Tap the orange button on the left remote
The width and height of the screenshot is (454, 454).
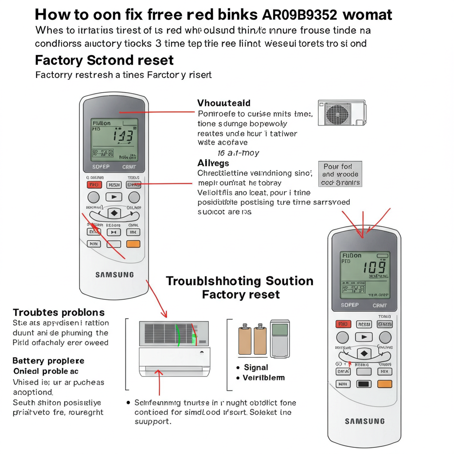coord(133,244)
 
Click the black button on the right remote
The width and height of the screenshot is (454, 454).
coord(364,384)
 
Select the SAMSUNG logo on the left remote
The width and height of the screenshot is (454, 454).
coord(114,275)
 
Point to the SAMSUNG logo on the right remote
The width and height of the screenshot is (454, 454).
coord(365,421)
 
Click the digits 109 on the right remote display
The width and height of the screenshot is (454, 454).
coord(374,267)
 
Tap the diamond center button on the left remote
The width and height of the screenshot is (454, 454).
coord(114,213)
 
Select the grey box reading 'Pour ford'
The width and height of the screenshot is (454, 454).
coord(340,174)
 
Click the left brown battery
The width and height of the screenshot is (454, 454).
coord(245,340)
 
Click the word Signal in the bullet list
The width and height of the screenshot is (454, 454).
coord(256,368)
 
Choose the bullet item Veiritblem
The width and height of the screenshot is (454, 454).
coord(263,378)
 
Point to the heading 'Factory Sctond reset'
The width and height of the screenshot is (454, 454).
coord(104,60)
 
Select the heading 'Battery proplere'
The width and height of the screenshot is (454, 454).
coord(48,361)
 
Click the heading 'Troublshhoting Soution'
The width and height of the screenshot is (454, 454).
coord(239,281)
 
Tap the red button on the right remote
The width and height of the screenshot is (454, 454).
coord(343,324)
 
